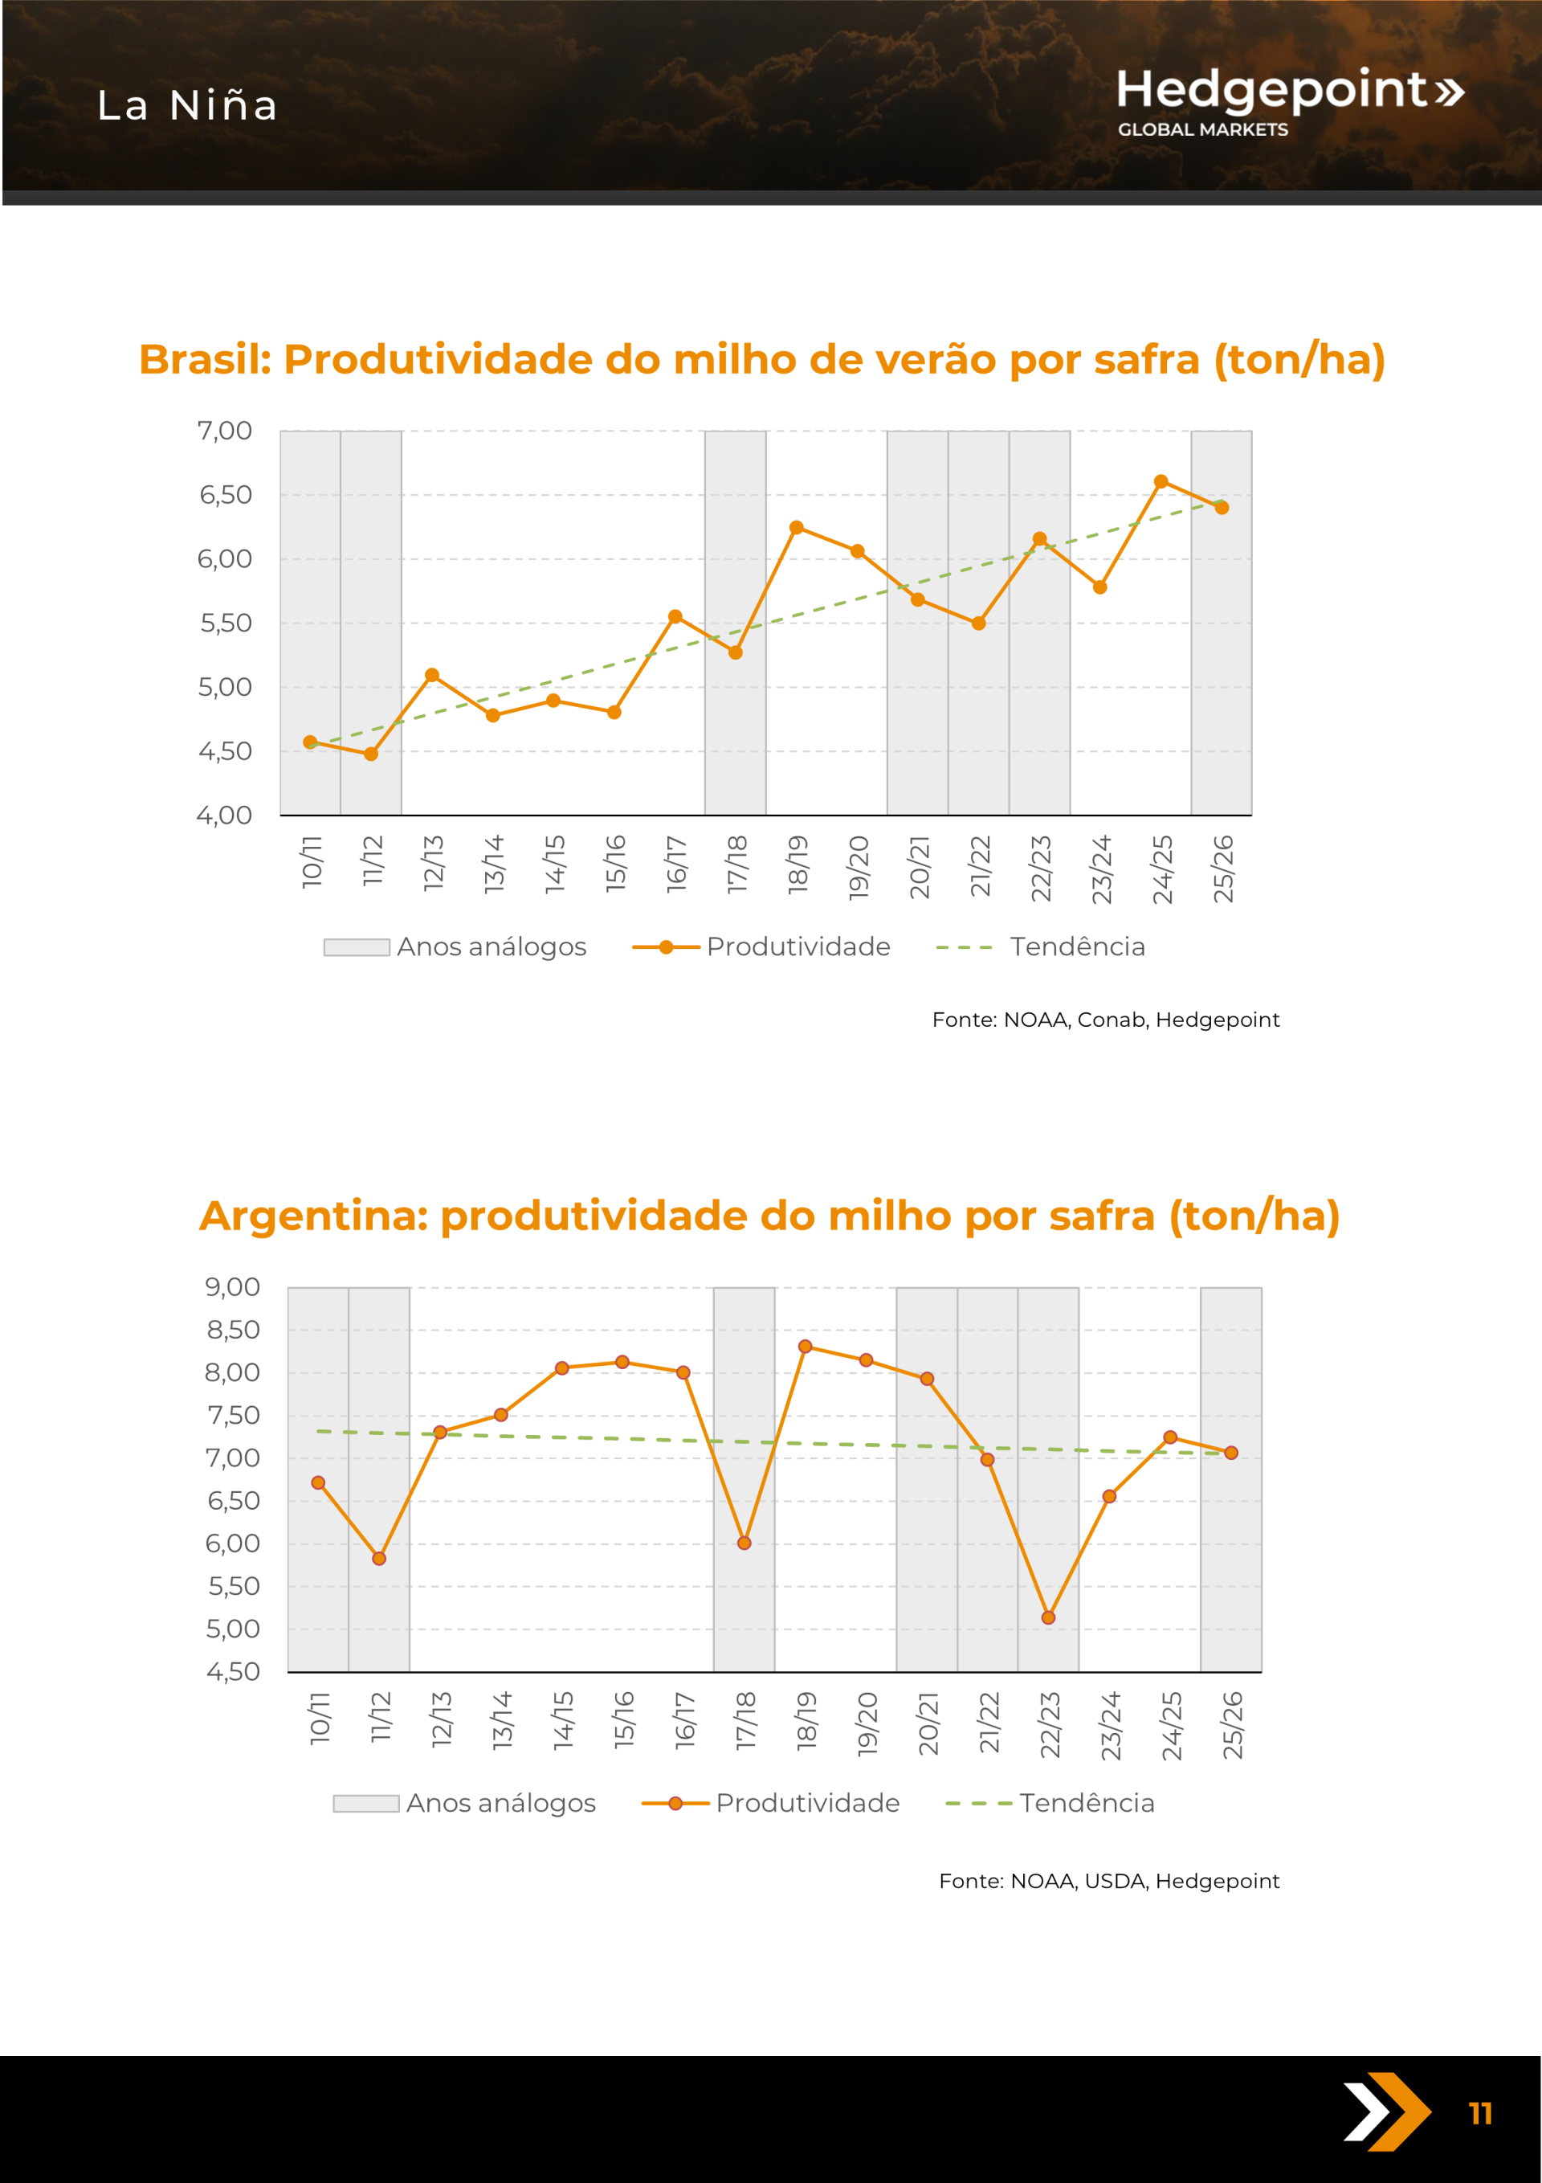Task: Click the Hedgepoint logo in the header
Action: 1288,100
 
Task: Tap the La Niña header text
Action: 187,105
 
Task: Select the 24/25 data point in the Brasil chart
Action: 1161,482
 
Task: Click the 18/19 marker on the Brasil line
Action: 797,528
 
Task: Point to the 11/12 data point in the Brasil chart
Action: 371,754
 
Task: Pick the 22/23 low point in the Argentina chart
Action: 1047,1617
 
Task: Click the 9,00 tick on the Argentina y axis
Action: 233,1287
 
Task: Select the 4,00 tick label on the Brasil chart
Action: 224,815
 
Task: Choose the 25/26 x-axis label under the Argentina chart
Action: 1232,1725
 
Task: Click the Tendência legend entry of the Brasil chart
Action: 1076,947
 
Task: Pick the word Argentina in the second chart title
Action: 314,1216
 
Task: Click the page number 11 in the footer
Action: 1480,2114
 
